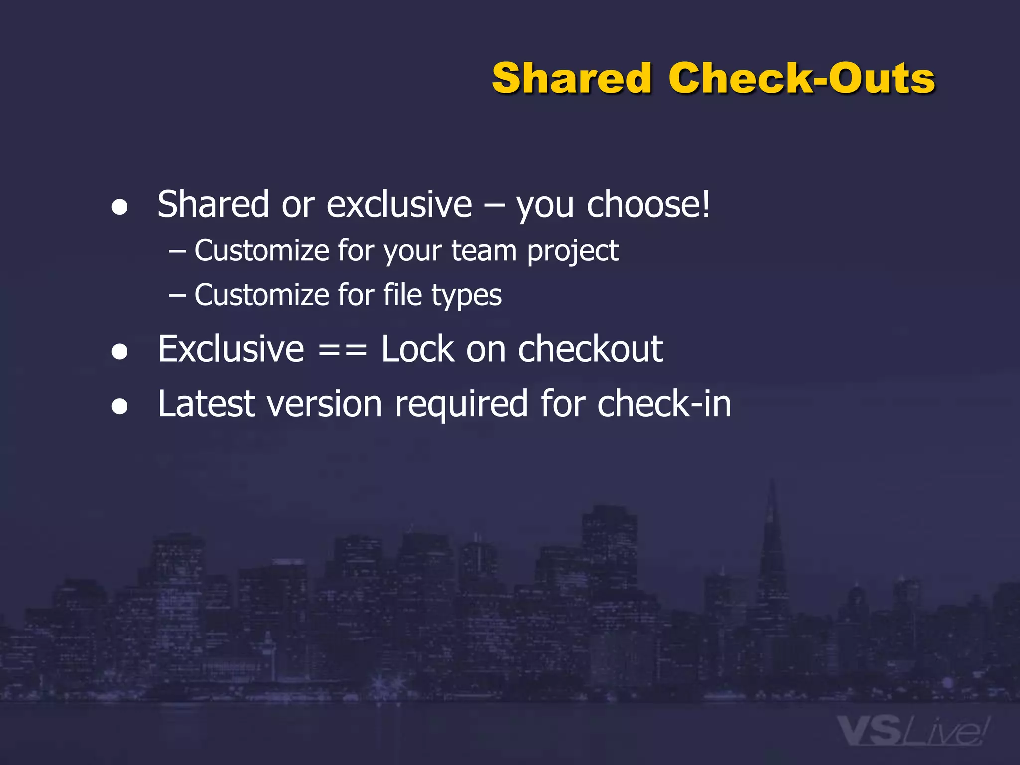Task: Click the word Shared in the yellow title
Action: coord(571,78)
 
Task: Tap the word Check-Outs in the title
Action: coord(801,78)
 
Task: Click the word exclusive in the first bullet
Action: coord(399,204)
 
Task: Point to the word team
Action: coord(484,251)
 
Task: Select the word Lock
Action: coord(417,349)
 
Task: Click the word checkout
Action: coord(590,349)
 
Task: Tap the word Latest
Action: coord(207,403)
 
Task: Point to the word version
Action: coord(325,404)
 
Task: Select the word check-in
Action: coord(664,403)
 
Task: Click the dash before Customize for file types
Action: coord(177,296)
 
